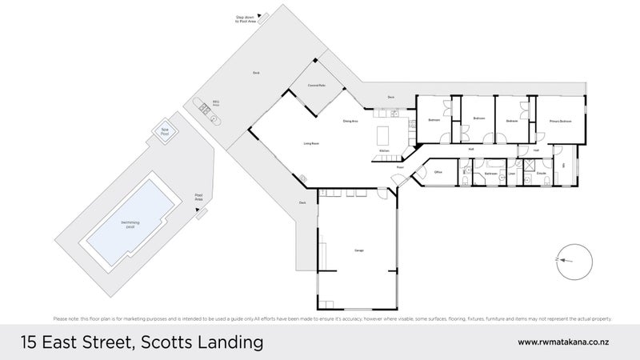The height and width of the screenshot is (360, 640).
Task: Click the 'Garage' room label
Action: [359, 251]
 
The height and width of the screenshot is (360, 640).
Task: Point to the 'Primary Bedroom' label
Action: [560, 121]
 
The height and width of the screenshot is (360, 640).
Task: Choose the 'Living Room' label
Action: [311, 143]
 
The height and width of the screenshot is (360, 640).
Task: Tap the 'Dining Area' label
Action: [350, 121]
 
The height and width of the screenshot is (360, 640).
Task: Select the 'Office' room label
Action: [438, 172]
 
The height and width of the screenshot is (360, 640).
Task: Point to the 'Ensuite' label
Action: [541, 172]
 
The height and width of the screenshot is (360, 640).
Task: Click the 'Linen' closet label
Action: [511, 172]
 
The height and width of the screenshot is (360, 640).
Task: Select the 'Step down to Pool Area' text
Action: [244, 18]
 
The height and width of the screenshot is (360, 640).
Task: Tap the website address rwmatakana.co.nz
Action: [566, 342]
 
